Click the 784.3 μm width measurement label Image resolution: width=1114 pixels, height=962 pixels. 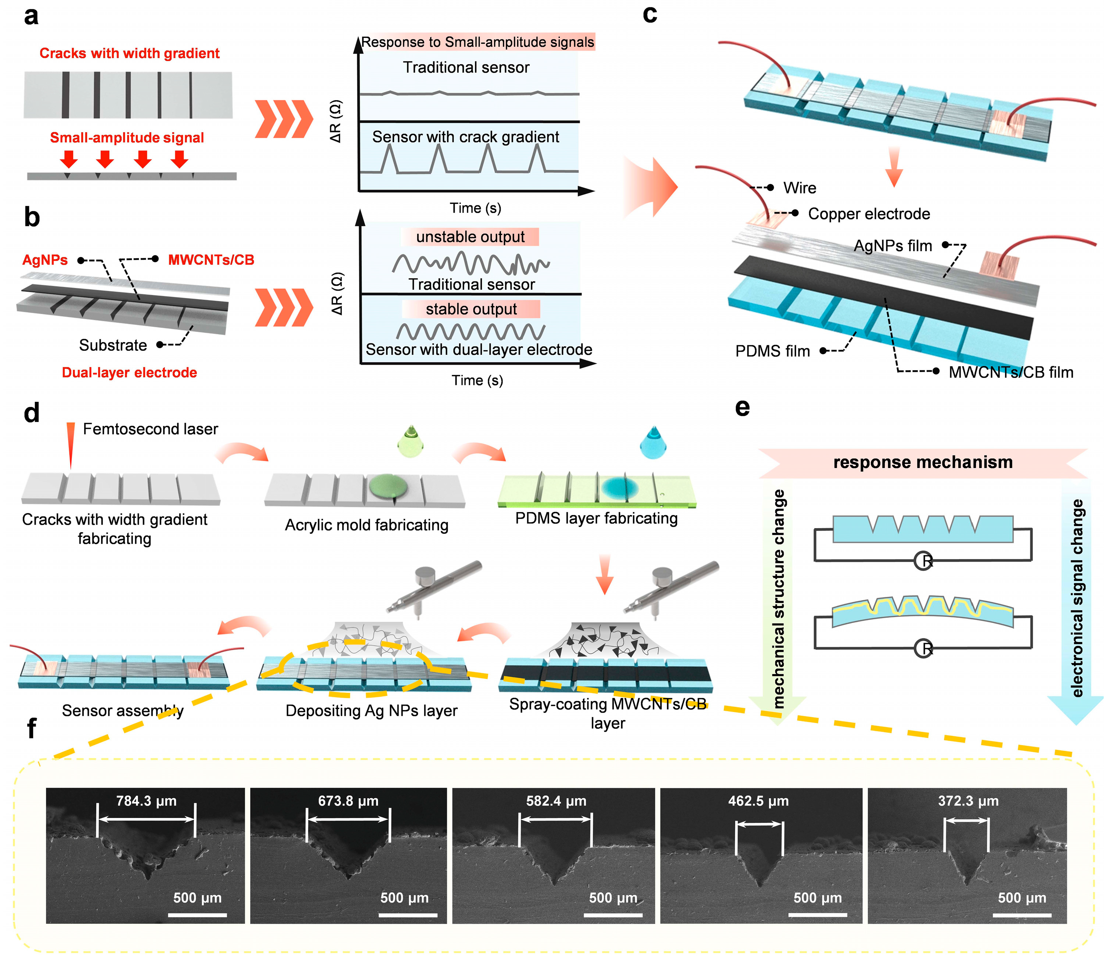click(146, 801)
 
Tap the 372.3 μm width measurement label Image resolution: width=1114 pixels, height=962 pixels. click(968, 801)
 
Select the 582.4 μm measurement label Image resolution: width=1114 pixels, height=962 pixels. click(556, 801)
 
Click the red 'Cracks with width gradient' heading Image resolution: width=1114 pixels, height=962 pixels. click(130, 53)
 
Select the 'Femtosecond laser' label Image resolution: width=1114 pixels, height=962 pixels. click(151, 429)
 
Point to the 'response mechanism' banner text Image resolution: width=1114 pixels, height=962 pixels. click(923, 462)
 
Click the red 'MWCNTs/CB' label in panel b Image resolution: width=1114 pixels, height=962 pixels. click(211, 260)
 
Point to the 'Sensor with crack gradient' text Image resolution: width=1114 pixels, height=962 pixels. click(466, 137)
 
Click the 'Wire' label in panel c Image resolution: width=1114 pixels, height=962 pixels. click(800, 188)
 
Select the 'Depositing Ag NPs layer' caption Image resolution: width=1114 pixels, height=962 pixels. click(371, 710)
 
